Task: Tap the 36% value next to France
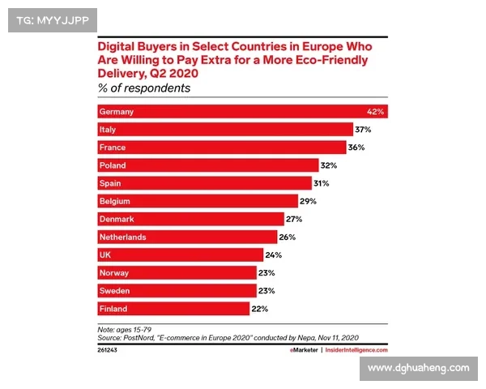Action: coord(356,147)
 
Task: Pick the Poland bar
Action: coord(207,165)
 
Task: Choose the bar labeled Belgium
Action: coord(197,201)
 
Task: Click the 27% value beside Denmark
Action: coord(295,219)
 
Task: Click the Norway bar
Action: coord(176,272)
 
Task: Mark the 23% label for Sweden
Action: coord(267,290)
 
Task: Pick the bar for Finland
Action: coord(173,308)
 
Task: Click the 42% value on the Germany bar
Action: coord(374,112)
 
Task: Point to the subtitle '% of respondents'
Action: coord(144,88)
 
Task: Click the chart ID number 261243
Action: coord(108,350)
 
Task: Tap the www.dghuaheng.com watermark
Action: coord(419,368)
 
